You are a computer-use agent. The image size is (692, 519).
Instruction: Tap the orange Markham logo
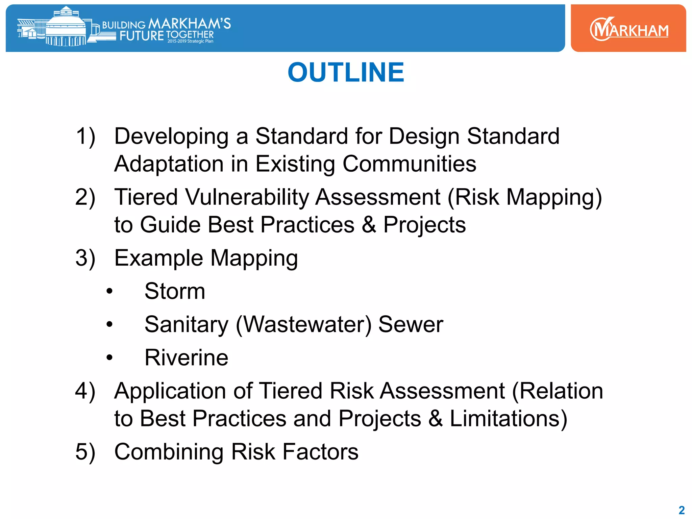[x=628, y=29]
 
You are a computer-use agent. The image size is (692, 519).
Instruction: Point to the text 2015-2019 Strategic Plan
[x=190, y=41]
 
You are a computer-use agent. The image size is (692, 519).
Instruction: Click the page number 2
[x=682, y=510]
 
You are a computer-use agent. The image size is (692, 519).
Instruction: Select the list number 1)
[x=85, y=137]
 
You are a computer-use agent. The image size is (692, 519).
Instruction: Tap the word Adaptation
[x=169, y=164]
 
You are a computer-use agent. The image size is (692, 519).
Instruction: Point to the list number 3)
[x=85, y=258]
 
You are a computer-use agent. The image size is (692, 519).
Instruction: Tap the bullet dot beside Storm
[x=109, y=291]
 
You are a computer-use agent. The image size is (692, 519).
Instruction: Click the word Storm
[x=175, y=291]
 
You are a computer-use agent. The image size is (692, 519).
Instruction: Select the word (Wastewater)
[x=303, y=325]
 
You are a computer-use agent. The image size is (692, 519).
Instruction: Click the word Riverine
[x=186, y=358]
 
